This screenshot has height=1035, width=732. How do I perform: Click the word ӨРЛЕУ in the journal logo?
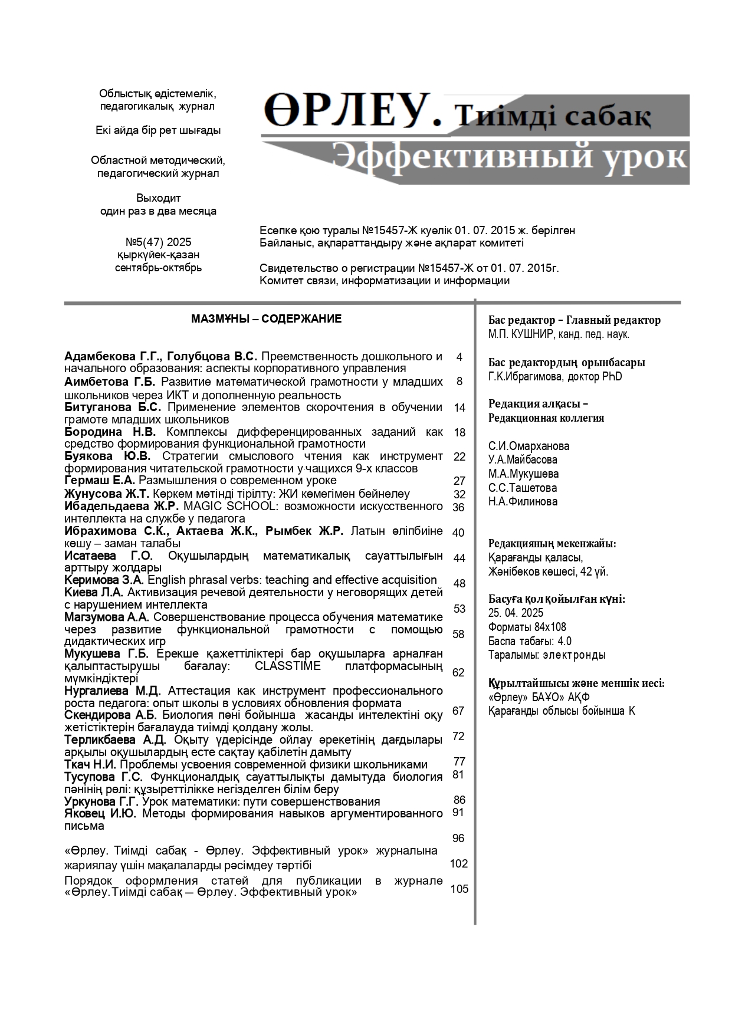(352, 110)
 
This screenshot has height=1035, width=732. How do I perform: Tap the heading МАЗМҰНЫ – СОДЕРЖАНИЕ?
(266, 319)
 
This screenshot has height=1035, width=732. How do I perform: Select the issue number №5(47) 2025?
(158, 242)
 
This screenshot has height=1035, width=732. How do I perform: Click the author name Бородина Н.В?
(110, 432)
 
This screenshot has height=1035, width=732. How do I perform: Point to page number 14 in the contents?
(459, 408)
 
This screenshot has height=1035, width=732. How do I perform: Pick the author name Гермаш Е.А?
(100, 481)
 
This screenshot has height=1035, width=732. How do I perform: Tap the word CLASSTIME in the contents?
(288, 666)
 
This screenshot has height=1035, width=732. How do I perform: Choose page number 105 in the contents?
(459, 889)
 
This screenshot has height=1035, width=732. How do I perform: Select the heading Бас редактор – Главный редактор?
(575, 320)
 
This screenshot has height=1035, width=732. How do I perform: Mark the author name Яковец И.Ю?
(100, 814)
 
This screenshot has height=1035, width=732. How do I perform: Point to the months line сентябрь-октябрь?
(158, 268)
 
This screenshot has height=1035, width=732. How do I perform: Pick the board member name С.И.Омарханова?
(529, 446)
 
